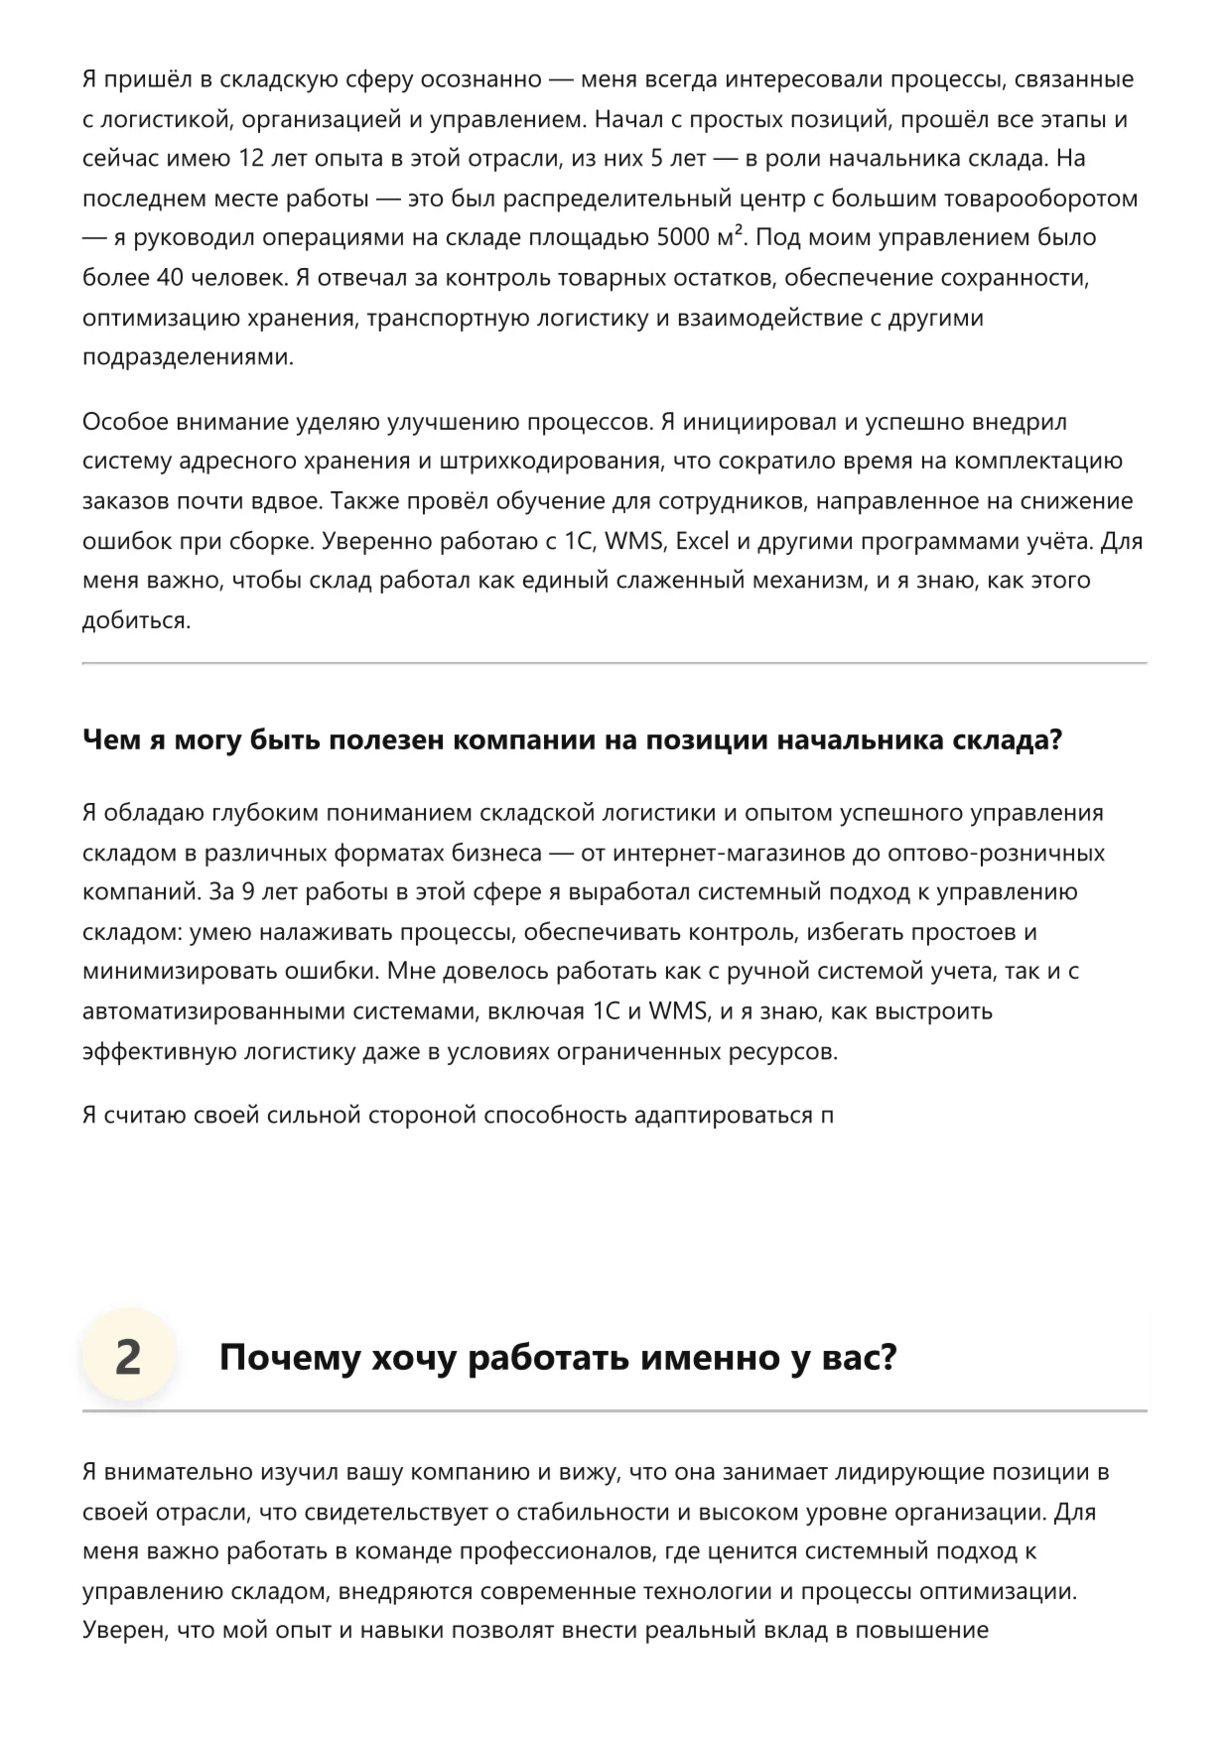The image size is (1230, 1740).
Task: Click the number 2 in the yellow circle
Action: point(128,1358)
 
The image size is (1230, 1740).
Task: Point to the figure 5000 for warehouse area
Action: point(684,238)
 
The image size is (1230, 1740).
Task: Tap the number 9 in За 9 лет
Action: point(247,891)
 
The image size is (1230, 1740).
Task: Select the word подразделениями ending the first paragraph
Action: point(188,357)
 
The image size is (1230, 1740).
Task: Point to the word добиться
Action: point(136,620)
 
